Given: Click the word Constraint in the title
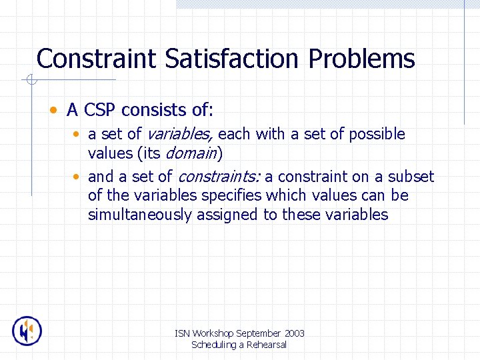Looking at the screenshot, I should (98, 59).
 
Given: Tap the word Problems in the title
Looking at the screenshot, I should (361, 59).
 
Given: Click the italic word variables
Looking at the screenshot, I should (179, 134).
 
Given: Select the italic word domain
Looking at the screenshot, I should (191, 153).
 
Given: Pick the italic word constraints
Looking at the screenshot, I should (219, 177).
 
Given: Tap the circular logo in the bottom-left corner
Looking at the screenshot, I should (27, 331).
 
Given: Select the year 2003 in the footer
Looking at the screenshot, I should (294, 333).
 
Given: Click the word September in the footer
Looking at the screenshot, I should (258, 333).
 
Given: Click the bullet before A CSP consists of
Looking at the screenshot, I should (53, 109).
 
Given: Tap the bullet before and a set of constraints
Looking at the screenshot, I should (77, 177).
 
